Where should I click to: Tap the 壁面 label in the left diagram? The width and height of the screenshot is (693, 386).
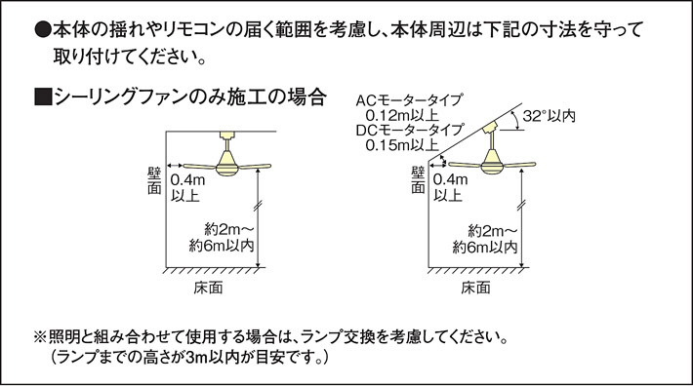click(x=155, y=180)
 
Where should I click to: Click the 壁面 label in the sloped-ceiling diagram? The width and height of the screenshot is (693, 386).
click(x=419, y=180)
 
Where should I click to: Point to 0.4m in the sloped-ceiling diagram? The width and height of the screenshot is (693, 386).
click(x=448, y=180)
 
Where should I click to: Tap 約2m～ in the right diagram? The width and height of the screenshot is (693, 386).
click(x=487, y=231)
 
